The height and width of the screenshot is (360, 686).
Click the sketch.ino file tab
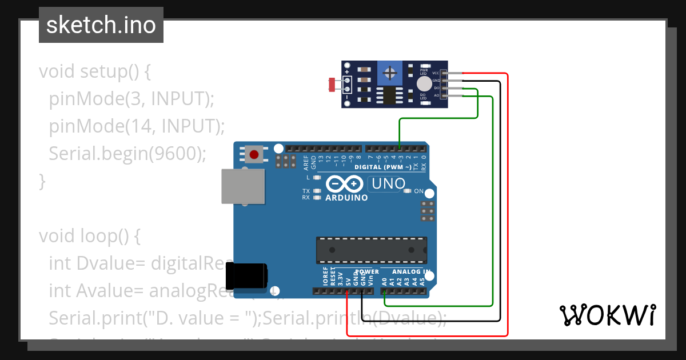pyautogui.click(x=101, y=25)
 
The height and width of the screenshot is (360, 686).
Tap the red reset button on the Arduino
pyautogui.click(x=254, y=154)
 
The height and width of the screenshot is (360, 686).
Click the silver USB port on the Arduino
pyautogui.click(x=243, y=186)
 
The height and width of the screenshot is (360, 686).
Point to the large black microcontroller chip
pyautogui.click(x=372, y=250)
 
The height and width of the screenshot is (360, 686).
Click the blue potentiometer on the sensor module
pyautogui.click(x=390, y=73)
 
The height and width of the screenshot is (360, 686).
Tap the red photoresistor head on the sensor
pyautogui.click(x=331, y=85)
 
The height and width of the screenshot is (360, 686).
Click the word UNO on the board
pyautogui.click(x=389, y=184)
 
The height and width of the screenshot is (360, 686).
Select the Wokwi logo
pyautogui.click(x=607, y=315)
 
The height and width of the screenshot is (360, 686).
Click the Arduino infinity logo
pyautogui.click(x=345, y=184)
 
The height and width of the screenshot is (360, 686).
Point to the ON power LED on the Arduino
pyautogui.click(x=408, y=191)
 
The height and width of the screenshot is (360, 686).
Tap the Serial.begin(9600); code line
pyautogui.click(x=127, y=153)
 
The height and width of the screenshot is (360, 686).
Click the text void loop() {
pyautogui.click(x=89, y=235)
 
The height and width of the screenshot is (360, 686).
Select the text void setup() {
pyautogui.click(x=95, y=71)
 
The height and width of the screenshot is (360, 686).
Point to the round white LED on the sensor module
pyautogui.click(x=424, y=84)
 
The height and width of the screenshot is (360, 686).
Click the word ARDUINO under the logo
pyautogui.click(x=346, y=198)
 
